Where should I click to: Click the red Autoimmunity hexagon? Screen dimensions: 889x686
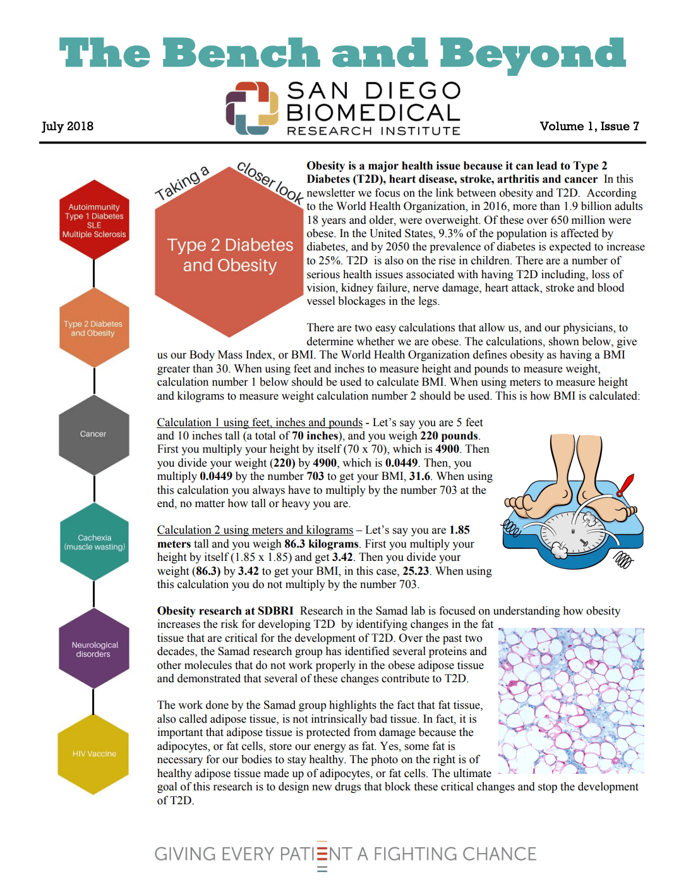coord(94,220)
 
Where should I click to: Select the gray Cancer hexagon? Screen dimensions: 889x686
coord(93,434)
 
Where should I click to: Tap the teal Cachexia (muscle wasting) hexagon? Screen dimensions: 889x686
coord(94,542)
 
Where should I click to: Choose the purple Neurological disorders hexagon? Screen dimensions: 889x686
coord(94,649)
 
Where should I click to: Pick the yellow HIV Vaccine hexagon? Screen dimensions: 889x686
coord(93,754)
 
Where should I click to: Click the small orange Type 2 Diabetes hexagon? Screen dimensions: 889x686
coord(93,328)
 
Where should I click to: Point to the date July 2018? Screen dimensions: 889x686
coord(68,126)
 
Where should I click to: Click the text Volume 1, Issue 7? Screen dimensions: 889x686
coord(589,126)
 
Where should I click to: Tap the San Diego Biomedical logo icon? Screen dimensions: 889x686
coord(252,108)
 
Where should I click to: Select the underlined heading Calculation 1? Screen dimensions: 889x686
coord(260,422)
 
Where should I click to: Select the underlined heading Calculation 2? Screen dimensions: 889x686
coord(255,530)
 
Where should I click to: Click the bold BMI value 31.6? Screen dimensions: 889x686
coord(419,476)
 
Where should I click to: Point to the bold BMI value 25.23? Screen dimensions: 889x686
coord(416,571)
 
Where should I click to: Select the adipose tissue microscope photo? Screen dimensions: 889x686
coord(571,701)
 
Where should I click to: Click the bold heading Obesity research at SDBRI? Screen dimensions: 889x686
coord(225,611)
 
